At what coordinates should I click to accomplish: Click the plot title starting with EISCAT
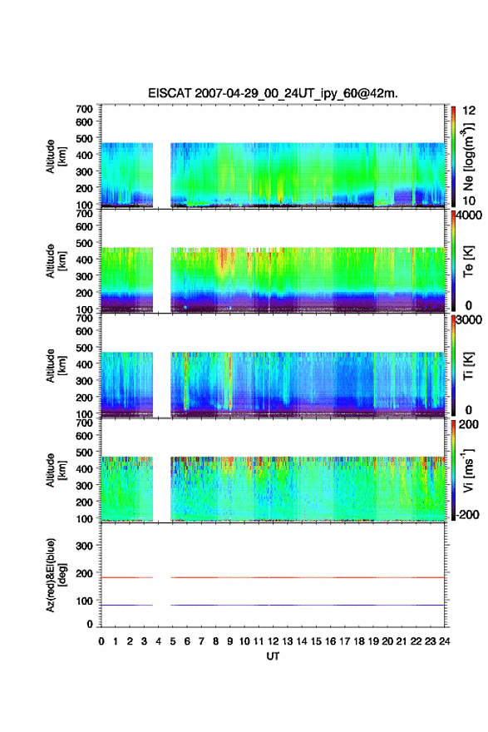273,93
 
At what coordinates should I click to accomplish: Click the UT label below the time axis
273,656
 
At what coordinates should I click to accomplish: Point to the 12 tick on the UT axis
274,641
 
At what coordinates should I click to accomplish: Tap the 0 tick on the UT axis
101,641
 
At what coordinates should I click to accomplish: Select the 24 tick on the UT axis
445,641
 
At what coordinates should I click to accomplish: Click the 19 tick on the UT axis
373,641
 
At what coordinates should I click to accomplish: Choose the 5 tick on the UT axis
173,641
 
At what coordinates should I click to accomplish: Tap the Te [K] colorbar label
468,261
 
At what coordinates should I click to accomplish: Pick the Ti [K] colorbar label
468,366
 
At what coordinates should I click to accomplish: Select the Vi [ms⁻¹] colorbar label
468,470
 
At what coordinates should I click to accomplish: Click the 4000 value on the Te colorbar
469,216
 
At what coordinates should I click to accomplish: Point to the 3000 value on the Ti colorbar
469,320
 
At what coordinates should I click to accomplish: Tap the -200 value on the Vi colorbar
466,514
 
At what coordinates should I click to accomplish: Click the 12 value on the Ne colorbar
469,111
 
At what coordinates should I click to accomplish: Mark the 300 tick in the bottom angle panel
85,546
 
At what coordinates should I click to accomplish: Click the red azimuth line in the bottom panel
273,577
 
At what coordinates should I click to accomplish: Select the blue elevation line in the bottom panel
273,605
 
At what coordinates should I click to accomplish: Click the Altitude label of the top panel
51,156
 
